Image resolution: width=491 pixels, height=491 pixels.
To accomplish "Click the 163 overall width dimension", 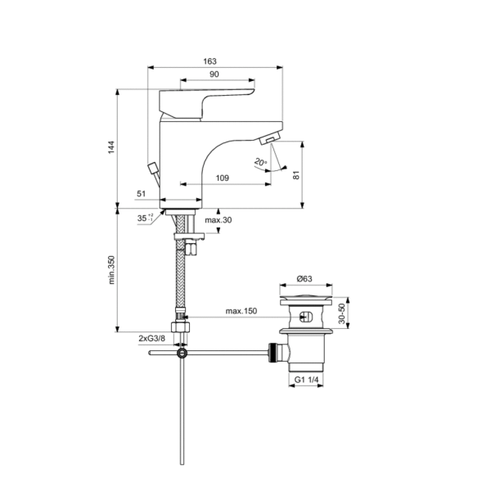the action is [209, 61].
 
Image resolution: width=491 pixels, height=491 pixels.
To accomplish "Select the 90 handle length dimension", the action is [214, 74].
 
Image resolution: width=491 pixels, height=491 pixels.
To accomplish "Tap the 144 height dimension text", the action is [111, 147].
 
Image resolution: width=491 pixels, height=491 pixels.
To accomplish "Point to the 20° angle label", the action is [260, 162].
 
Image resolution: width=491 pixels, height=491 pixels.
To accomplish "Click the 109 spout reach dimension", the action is [223, 178].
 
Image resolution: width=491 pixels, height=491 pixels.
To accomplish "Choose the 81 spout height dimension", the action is [296, 175].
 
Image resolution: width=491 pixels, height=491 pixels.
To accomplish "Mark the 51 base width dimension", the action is [142, 194].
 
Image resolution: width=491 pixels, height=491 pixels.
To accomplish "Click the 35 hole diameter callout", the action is [145, 218].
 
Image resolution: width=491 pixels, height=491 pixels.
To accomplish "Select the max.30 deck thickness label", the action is [218, 220].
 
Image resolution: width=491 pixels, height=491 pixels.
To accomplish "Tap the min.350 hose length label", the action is [111, 270].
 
